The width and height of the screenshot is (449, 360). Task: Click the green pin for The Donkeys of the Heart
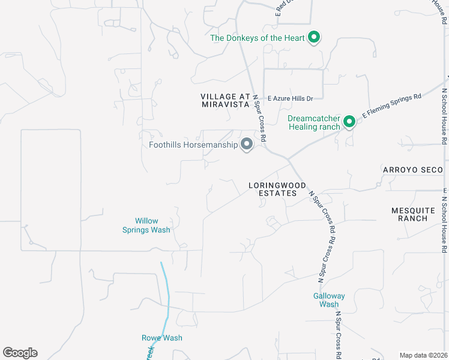[313, 38]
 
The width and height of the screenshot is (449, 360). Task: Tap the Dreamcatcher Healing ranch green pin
[349, 122]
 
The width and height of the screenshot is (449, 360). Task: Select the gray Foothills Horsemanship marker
[246, 145]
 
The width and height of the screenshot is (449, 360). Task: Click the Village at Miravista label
[224, 100]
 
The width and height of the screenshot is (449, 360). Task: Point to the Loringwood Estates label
[277, 189]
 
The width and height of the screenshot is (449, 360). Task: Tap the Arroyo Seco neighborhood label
[413, 170]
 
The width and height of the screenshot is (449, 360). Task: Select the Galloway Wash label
[329, 300]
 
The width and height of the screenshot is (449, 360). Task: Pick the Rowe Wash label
[161, 338]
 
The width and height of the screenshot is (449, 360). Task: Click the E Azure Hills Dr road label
[291, 98]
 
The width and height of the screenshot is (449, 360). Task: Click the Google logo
[20, 353]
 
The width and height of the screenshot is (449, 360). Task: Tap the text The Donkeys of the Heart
[258, 38]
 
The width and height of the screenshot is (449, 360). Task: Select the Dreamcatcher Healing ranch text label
[313, 122]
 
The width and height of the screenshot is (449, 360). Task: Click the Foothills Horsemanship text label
[193, 145]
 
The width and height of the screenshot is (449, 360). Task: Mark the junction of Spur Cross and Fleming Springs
[289, 160]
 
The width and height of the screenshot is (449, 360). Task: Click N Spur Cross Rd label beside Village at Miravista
[260, 118]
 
